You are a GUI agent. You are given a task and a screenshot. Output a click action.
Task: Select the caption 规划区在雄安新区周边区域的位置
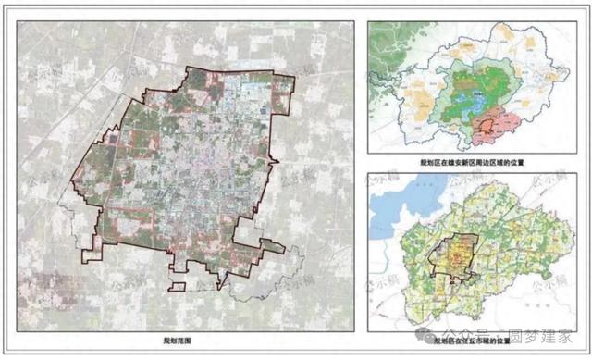[472, 162]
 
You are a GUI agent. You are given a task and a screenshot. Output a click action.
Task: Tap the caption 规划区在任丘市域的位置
[473, 341]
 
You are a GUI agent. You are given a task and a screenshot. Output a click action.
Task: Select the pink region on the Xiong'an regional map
[499, 125]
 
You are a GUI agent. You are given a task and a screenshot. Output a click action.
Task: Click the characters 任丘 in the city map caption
[468, 341]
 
